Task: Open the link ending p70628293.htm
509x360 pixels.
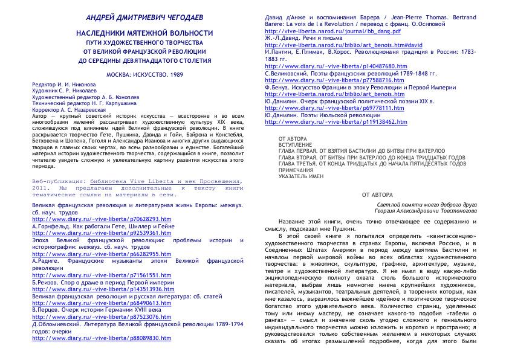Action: pyautogui.click(x=88, y=219)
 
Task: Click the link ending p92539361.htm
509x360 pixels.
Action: pyautogui.click(x=88, y=233)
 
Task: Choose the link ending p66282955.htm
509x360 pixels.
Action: pyautogui.click(x=88, y=254)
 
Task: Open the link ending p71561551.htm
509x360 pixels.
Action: pyautogui.click(x=88, y=275)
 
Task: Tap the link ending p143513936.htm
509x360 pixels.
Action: pyautogui.click(x=89, y=289)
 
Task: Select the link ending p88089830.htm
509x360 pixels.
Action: pyautogui.click(x=88, y=338)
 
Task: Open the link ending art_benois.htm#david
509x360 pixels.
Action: pyautogui.click(x=335, y=45)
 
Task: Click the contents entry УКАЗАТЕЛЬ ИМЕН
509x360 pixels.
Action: pyautogui.click(x=301, y=176)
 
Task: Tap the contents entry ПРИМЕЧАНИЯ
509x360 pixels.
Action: pyautogui.click(x=296, y=170)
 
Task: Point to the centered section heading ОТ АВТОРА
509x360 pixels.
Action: pyautogui.click(x=377, y=195)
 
